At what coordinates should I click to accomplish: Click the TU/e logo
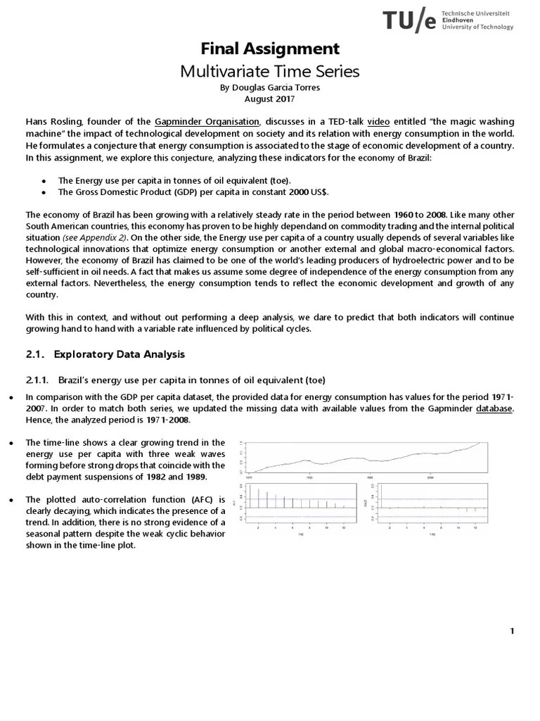coord(448,21)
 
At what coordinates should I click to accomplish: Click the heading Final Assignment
coord(270,49)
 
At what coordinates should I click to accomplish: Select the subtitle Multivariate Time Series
coord(270,71)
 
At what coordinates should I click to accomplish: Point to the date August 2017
coord(270,99)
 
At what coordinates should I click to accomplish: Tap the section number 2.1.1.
coord(37,380)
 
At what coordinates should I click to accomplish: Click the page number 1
coord(513,630)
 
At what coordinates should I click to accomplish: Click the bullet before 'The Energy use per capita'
coord(44,180)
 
